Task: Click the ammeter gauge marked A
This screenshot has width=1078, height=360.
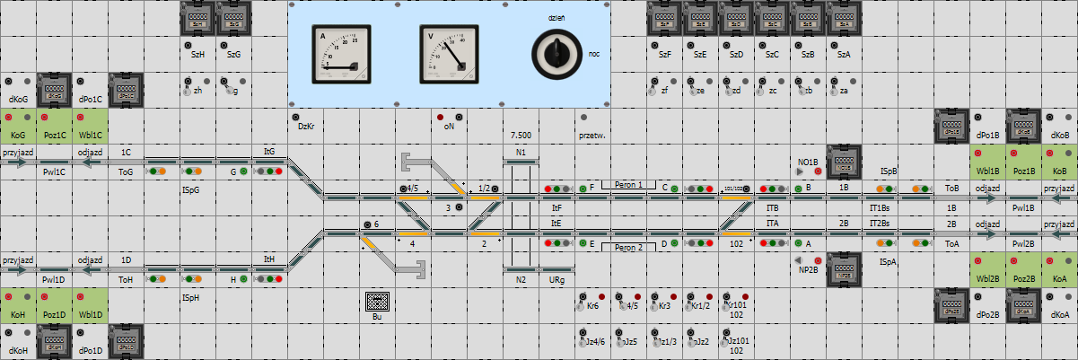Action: pos(340,53)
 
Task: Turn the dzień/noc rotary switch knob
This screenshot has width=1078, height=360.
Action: pos(556,54)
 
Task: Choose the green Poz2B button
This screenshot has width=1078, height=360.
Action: pos(1023,270)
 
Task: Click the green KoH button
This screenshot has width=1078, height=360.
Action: pos(18,306)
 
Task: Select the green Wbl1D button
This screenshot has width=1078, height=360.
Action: pos(90,306)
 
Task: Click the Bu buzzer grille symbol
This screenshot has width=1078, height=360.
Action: pos(377,302)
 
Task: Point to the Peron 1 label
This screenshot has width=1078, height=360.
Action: pos(628,184)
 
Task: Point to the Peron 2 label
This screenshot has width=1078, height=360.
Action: pos(628,247)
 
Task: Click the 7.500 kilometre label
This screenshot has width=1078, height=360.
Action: pos(521,135)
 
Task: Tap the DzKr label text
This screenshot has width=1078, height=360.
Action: pos(304,127)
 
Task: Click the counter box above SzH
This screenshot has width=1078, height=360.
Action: pos(197,18)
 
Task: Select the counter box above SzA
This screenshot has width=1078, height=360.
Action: pos(844,18)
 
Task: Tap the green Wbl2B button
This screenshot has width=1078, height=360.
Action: pos(987,270)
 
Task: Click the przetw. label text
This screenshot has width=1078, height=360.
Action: pos(592,136)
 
